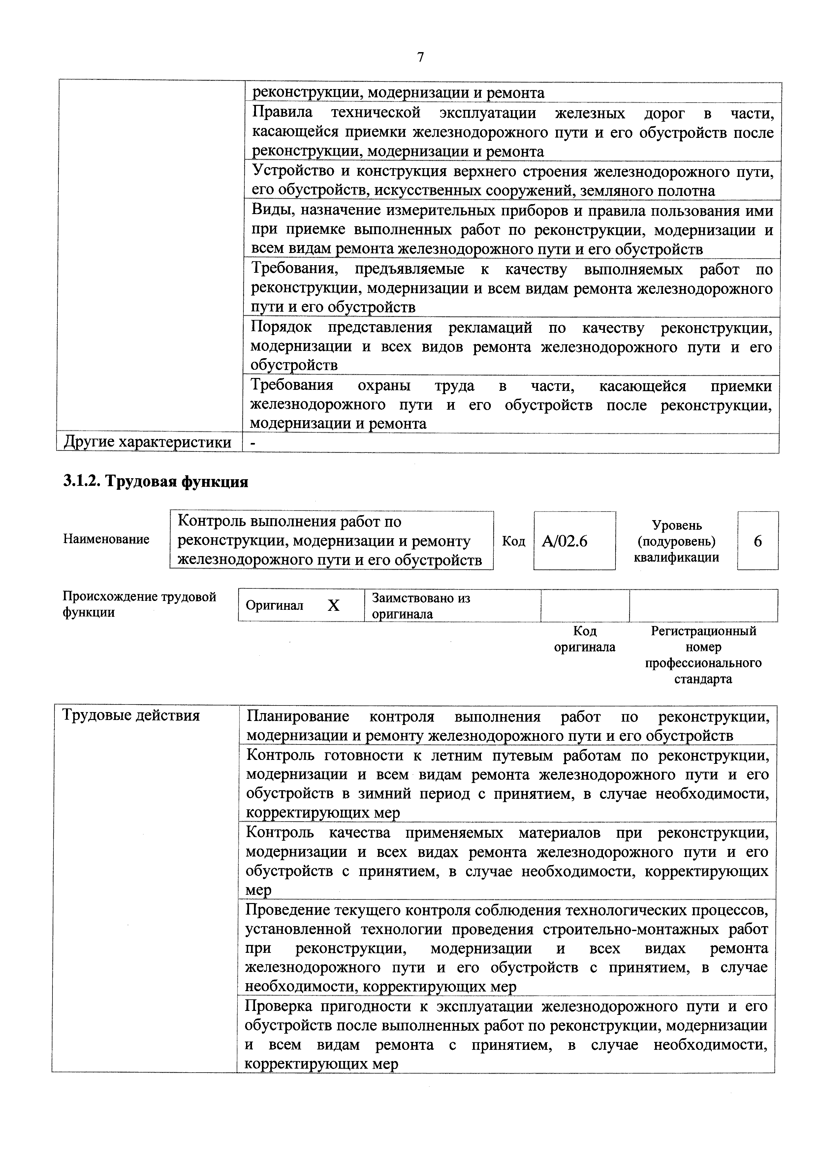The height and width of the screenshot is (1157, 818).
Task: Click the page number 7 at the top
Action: pos(420,57)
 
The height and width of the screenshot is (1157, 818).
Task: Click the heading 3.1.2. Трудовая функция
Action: pos(156,482)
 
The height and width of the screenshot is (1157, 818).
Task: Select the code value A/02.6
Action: pos(564,541)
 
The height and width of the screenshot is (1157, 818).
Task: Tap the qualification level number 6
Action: pos(758,541)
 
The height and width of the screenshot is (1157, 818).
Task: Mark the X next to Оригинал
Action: pos(334,605)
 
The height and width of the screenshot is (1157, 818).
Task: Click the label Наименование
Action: pos(106,539)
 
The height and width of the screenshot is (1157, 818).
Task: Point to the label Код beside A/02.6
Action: pos(513,541)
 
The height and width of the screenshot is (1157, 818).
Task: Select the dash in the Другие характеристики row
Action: pos(253,442)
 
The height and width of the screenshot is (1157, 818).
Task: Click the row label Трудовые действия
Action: pos(131,715)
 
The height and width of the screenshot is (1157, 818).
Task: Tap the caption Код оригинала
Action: pos(585,639)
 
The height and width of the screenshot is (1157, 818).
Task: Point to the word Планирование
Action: pos(298,716)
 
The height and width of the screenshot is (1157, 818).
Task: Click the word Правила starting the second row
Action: pos(282,112)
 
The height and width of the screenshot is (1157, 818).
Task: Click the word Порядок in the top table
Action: pos(281,328)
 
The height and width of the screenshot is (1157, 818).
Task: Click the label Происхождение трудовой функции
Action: pos(139,604)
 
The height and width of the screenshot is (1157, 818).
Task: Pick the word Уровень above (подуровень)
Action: pos(676,525)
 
